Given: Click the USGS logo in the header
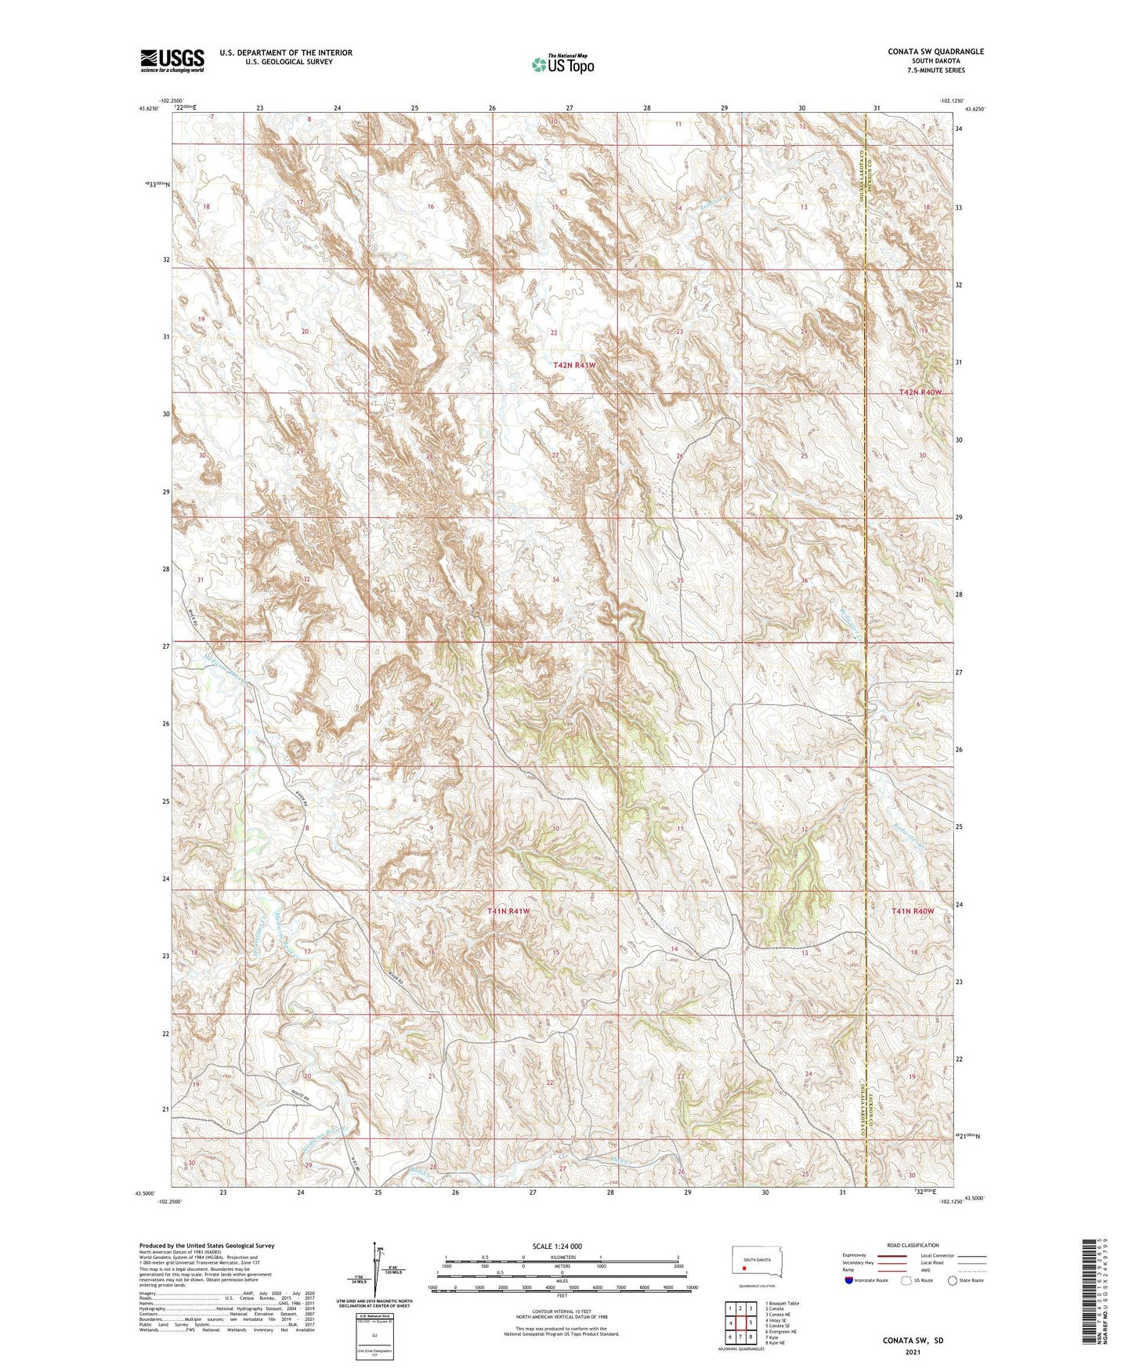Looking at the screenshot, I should tap(172, 60).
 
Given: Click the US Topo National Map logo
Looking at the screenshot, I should tap(562, 64).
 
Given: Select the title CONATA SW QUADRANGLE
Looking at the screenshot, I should tap(935, 52).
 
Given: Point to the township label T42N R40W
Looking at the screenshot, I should tap(920, 392).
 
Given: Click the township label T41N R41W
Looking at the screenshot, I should tap(508, 911).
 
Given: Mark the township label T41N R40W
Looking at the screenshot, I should tap(913, 911).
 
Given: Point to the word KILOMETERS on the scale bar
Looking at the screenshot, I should tap(562, 1257).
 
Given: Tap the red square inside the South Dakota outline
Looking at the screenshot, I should tap(745, 1264).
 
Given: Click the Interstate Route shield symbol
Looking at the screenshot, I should tap(849, 1280).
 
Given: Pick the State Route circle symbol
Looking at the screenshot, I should tap(952, 1280).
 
